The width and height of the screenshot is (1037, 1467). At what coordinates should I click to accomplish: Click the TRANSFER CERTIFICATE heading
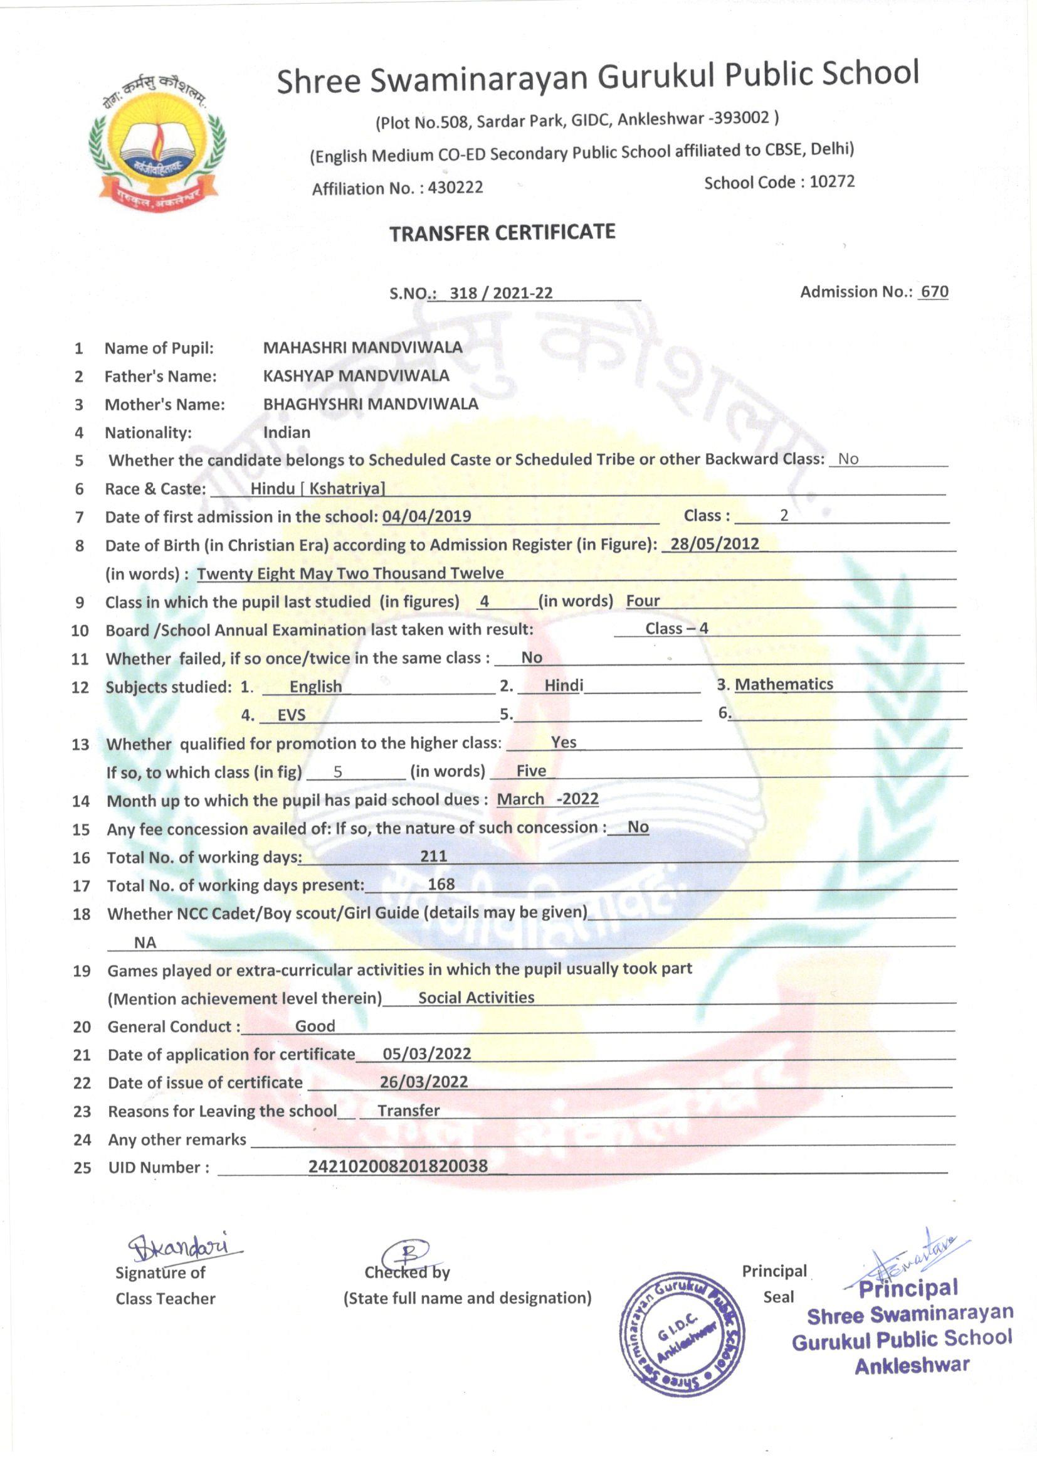(x=503, y=233)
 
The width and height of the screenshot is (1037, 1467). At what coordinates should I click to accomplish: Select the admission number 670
(x=934, y=291)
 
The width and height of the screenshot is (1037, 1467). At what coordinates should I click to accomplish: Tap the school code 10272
(x=832, y=181)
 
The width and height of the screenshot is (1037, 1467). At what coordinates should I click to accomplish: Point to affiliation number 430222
(x=455, y=187)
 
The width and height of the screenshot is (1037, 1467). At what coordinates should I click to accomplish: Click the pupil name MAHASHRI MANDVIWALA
(x=362, y=347)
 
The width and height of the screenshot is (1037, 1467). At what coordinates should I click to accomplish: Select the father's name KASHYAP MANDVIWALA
(x=355, y=375)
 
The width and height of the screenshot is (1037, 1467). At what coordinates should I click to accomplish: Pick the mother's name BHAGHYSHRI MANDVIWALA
(x=371, y=403)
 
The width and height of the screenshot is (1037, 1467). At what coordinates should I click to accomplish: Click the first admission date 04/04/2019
(x=426, y=516)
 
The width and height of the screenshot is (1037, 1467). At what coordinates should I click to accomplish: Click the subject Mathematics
(x=784, y=685)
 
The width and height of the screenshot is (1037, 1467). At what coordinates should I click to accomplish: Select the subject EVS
(x=291, y=714)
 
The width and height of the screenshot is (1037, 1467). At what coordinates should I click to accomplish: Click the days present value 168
(x=441, y=883)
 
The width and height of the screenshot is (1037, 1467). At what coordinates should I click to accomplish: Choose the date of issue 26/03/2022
(x=423, y=1081)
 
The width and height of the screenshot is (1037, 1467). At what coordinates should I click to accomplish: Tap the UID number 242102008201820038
(x=398, y=1166)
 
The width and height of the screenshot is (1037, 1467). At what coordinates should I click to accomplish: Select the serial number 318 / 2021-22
(x=500, y=292)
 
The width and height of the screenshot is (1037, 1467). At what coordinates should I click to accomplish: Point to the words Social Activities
(x=476, y=998)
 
